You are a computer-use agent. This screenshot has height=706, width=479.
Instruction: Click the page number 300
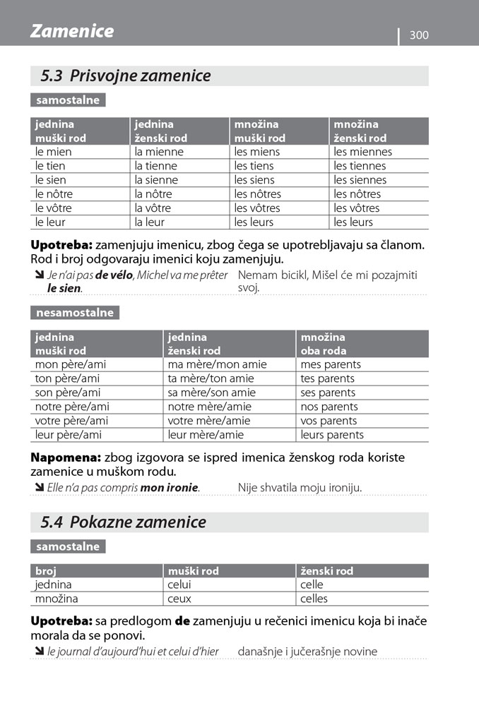tap(419, 35)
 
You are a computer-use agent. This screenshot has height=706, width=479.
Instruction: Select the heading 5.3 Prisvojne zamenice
tap(126, 76)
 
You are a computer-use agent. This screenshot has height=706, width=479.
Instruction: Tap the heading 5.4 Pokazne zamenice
tap(124, 522)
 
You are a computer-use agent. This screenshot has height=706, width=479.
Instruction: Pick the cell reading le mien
tap(54, 152)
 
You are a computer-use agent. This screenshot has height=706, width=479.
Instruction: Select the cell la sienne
tap(156, 180)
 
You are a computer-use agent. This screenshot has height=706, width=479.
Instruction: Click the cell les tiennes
tap(360, 166)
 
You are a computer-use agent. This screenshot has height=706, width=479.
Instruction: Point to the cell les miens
tap(257, 152)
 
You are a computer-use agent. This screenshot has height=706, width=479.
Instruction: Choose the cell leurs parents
tap(332, 435)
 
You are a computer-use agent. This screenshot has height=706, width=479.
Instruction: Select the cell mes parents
tap(331, 364)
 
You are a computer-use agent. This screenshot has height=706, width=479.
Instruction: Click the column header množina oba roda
tap(324, 344)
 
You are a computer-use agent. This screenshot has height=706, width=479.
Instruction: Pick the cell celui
tap(180, 585)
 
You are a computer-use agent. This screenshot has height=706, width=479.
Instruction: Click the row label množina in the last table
tap(57, 599)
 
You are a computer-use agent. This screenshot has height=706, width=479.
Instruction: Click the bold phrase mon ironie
tap(170, 487)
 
